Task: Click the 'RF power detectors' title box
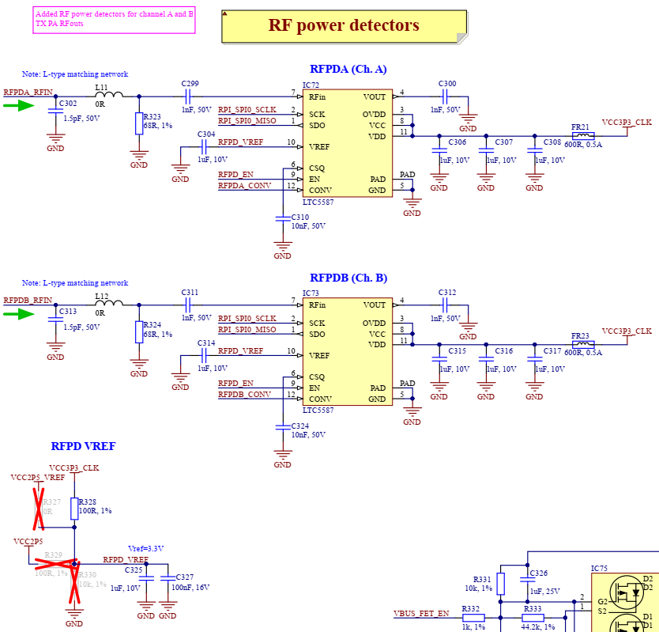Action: tap(344, 26)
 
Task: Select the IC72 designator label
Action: tap(311, 85)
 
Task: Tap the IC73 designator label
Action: tap(311, 293)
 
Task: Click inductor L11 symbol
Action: tap(108, 97)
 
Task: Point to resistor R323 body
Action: tap(139, 123)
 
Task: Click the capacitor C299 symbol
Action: tap(189, 97)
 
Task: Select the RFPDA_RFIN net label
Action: tap(28, 92)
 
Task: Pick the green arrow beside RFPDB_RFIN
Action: tap(19, 314)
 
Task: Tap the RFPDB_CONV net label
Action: tap(244, 394)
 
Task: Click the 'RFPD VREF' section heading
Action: tap(83, 447)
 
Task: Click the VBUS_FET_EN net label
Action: tap(421, 613)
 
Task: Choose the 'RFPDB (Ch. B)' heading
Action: tap(348, 278)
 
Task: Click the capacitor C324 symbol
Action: tap(282, 426)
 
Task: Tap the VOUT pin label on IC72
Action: tap(375, 97)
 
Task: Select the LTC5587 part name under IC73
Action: tap(318, 411)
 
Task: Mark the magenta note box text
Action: tap(115, 20)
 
